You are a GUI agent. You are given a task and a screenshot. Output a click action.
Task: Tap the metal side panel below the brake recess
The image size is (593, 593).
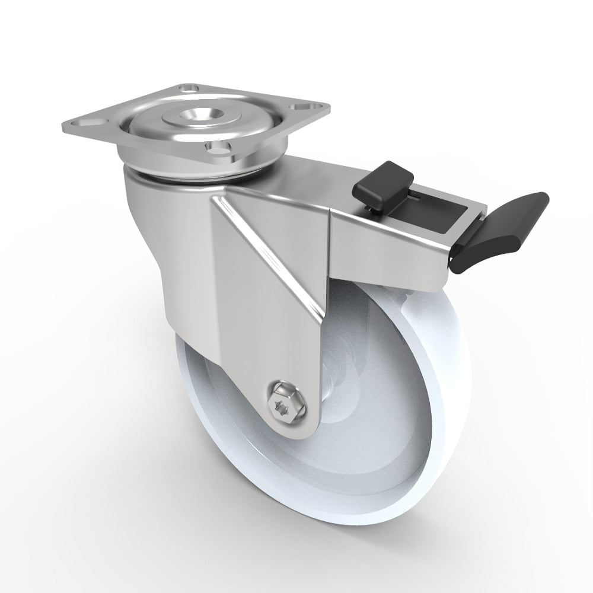385,249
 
